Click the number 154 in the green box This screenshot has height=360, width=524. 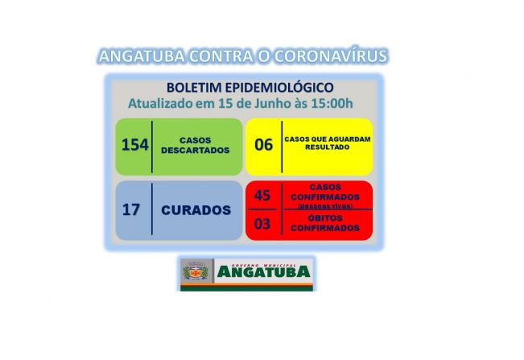tap(134, 145)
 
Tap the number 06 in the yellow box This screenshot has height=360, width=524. tap(263, 145)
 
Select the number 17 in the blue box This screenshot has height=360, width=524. tap(131, 210)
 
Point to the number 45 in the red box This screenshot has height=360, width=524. tap(262, 196)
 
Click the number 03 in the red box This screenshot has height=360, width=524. tap(262, 224)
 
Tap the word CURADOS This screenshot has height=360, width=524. tap(196, 210)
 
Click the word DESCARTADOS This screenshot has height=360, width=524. tap(195, 150)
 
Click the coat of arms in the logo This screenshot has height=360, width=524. tap(195, 274)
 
